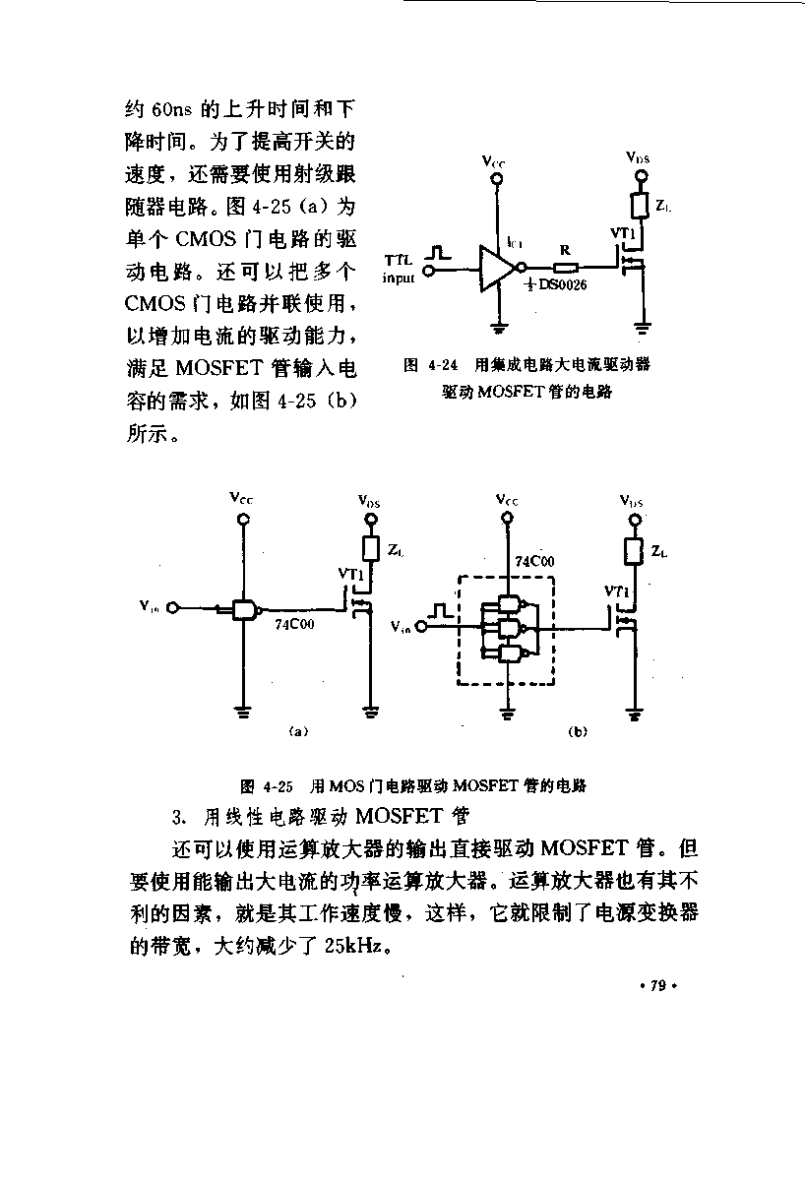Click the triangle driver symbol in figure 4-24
click(496, 269)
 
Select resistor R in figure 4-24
click(566, 269)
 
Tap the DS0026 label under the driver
click(556, 285)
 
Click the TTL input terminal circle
click(429, 271)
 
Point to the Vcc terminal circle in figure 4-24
click(496, 179)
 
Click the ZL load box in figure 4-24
click(640, 206)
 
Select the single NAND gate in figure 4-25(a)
click(246, 609)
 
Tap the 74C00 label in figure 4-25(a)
click(294, 624)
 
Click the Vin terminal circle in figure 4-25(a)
click(172, 608)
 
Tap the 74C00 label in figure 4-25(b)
click(534, 562)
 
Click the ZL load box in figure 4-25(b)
click(633, 551)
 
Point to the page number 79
click(658, 985)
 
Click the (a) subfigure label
click(298, 731)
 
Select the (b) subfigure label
click(578, 731)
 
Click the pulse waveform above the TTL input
click(438, 253)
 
